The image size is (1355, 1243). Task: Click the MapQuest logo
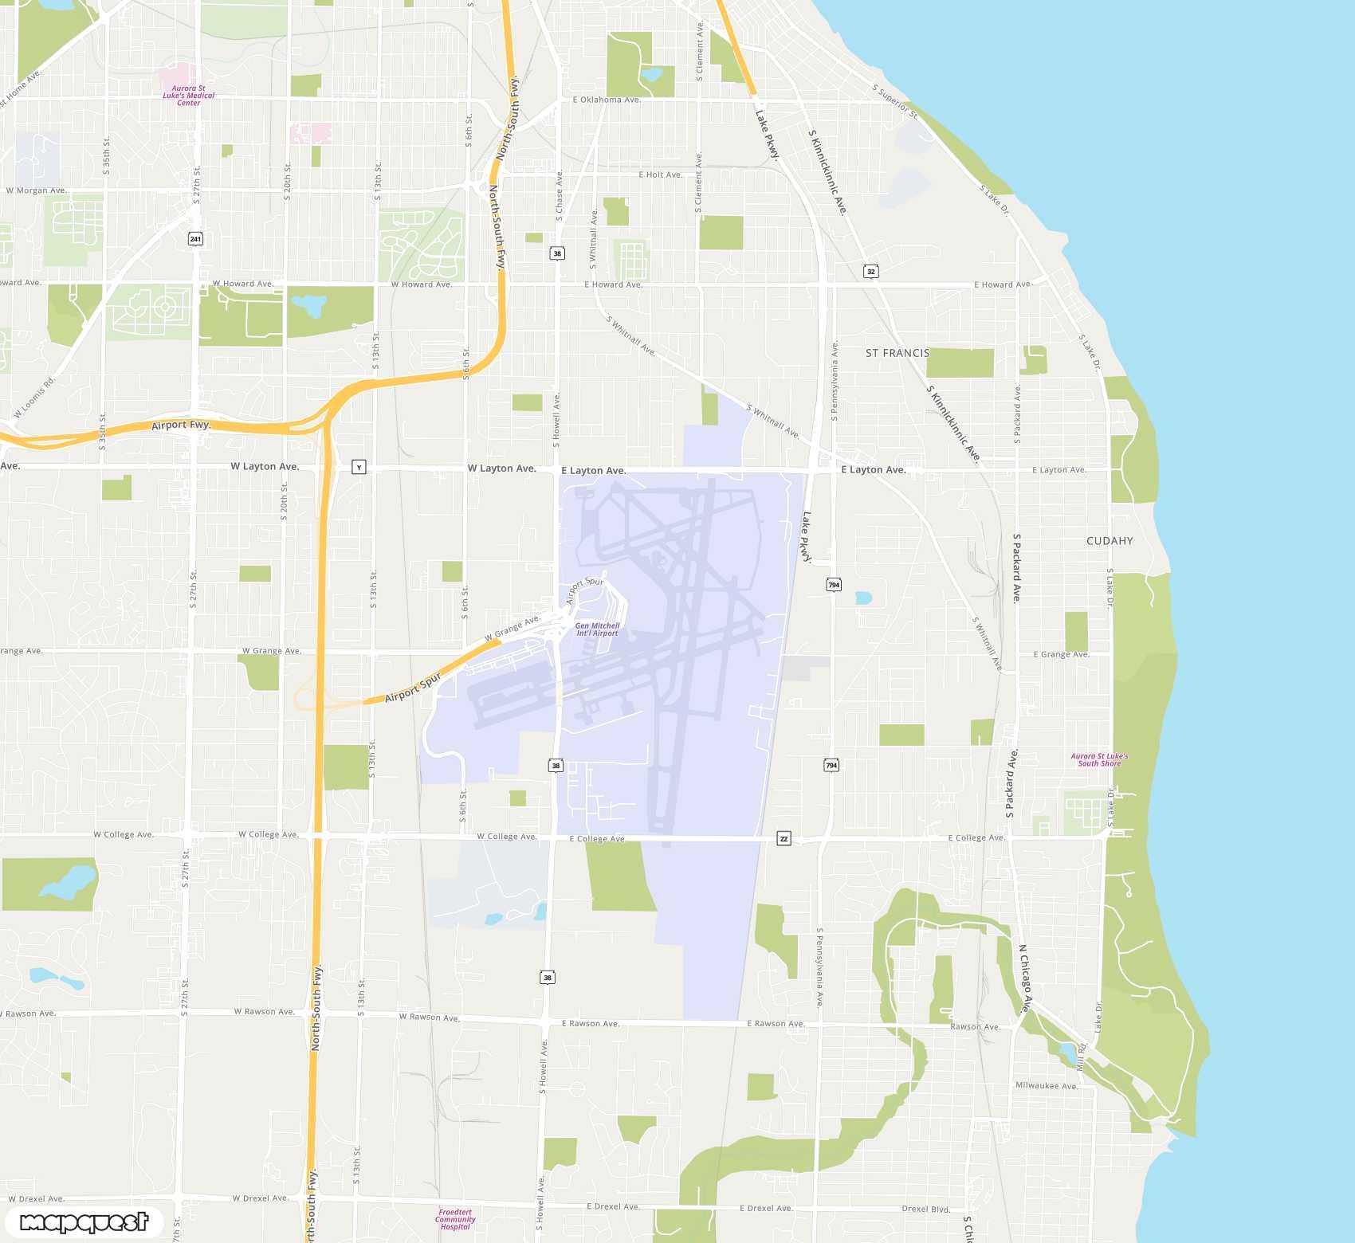[x=84, y=1221]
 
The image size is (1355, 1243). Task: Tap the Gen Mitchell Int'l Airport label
[x=597, y=629]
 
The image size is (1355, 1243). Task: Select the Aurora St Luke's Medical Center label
[x=189, y=96]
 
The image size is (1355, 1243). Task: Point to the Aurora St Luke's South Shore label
[x=1099, y=760]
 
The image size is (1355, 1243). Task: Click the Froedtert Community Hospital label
[x=455, y=1219]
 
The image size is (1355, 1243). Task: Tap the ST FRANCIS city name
[x=897, y=353]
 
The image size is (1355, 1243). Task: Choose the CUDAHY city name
[x=1110, y=541]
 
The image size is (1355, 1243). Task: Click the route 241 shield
[x=195, y=239]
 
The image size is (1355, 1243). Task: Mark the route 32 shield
[x=870, y=272]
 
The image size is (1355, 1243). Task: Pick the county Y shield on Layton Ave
[x=359, y=468]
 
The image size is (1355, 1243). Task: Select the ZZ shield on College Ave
[x=784, y=839]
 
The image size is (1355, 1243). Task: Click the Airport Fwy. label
[x=181, y=425]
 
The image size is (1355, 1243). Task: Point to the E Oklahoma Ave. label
[x=607, y=100]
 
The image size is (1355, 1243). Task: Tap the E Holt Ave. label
[x=660, y=174]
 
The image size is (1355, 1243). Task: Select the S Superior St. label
[x=895, y=102]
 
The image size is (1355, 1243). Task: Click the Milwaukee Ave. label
[x=1047, y=1085]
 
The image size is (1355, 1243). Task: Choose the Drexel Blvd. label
[x=926, y=1209]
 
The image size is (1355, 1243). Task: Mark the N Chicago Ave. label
[x=1026, y=978]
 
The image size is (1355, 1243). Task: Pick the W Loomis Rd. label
[x=35, y=398]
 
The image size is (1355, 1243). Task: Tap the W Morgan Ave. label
[x=37, y=190]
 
